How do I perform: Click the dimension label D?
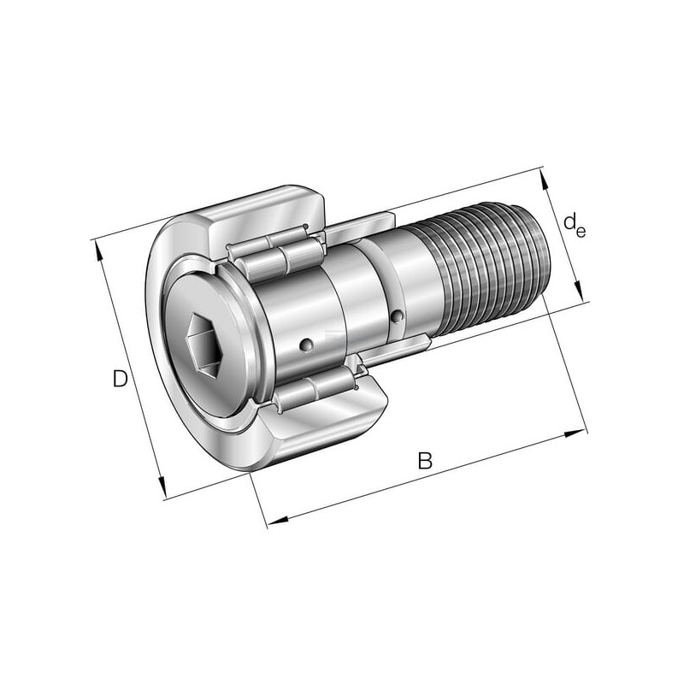[121, 378]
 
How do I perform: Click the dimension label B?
[425, 461]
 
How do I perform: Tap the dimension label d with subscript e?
[574, 225]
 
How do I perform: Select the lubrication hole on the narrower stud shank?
[397, 316]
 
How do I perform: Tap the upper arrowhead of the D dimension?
[99, 251]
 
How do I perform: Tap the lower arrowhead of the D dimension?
[162, 486]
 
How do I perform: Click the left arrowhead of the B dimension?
[278, 520]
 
